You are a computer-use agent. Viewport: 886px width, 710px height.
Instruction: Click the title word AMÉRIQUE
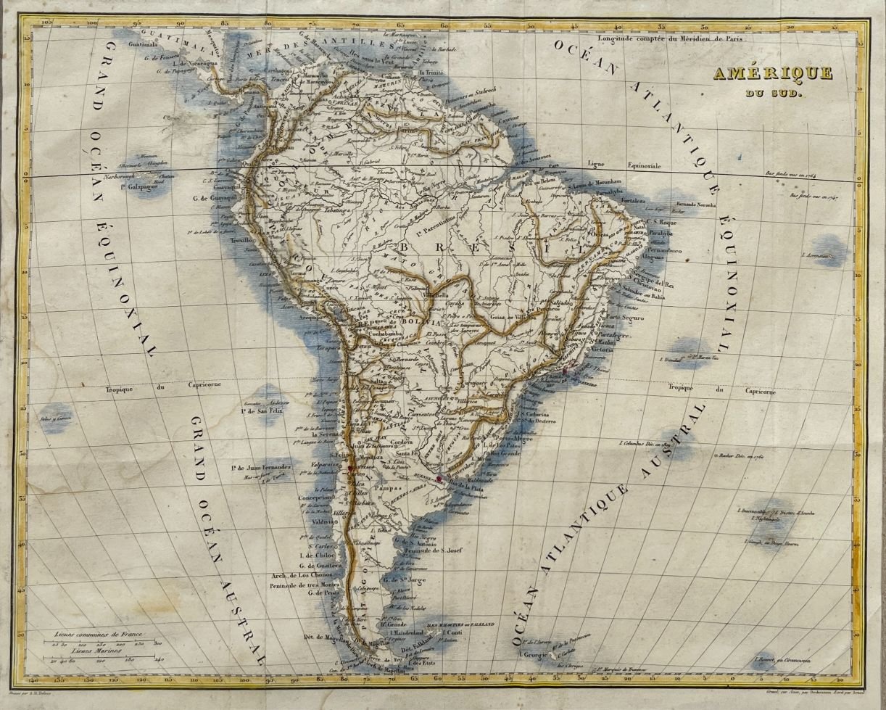[751, 74]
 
